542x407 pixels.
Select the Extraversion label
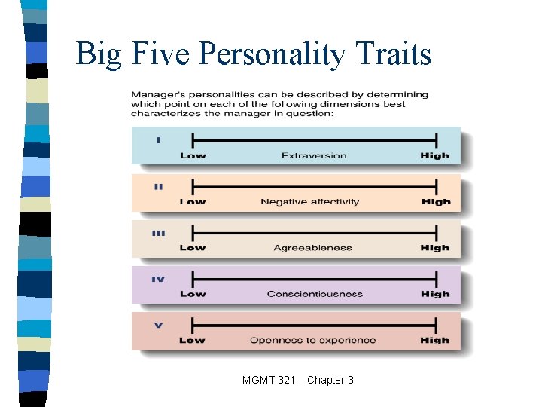tap(314, 156)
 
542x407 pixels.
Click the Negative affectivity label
tap(310, 202)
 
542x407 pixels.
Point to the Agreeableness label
tap(313, 248)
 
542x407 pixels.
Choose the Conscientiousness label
tap(315, 294)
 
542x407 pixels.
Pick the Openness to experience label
tap(313, 340)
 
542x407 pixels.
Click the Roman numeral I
tap(158, 139)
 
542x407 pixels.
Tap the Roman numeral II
tap(158, 186)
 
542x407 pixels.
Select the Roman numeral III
tap(158, 233)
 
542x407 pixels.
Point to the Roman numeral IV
tap(158, 279)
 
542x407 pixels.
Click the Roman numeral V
tap(158, 326)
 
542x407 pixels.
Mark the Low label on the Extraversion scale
tap(193, 156)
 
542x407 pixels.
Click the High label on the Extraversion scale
tap(435, 156)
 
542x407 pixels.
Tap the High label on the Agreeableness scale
tap(435, 248)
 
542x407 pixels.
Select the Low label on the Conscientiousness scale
tap(193, 294)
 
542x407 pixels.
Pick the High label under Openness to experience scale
tap(435, 340)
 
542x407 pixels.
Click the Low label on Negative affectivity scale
tap(193, 202)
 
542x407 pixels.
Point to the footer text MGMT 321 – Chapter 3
tap(298, 380)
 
